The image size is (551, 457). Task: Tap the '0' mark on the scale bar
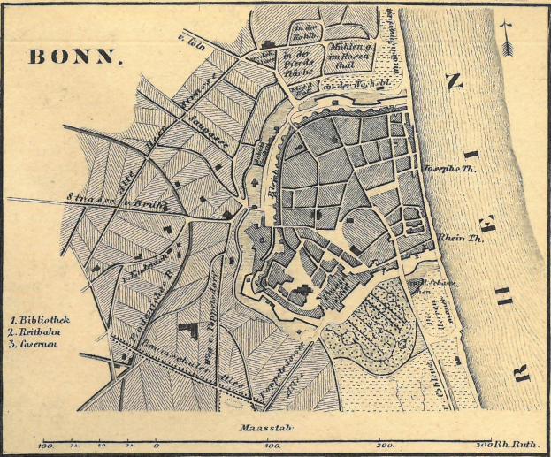pyautogui.click(x=157, y=446)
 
